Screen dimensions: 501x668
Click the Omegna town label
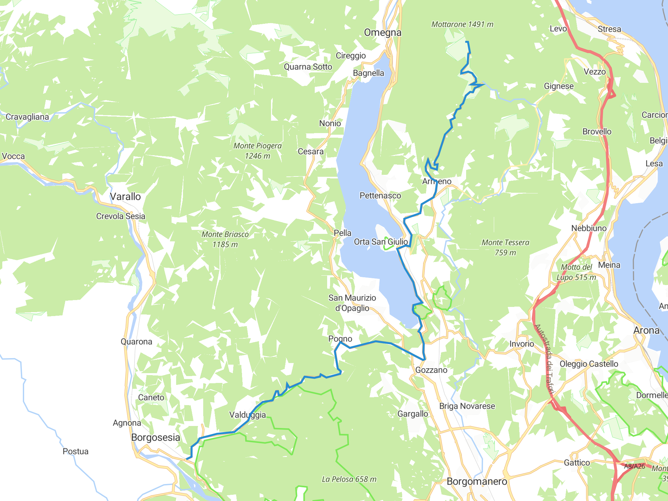pos(383,33)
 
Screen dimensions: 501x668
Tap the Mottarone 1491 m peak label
pos(462,24)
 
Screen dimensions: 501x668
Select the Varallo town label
pos(125,197)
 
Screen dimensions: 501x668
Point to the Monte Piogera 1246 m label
pos(257,151)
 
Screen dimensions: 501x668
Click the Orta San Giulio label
pos(381,242)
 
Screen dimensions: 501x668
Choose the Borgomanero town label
pos(477,481)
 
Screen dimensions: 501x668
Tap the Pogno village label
pos(340,339)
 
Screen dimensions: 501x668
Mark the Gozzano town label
pos(431,370)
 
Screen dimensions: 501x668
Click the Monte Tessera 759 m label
pos(505,247)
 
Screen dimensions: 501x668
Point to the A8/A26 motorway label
pos(634,466)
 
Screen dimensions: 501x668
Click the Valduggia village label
pos(248,415)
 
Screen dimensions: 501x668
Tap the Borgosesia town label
pos(156,437)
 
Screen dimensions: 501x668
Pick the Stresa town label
pos(609,29)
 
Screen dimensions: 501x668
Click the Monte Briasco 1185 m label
pos(225,239)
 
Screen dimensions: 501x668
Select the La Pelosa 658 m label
pos(349,479)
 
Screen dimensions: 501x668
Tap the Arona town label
pos(646,330)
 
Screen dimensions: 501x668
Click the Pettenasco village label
pos(380,196)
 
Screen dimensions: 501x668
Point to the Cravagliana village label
pos(27,117)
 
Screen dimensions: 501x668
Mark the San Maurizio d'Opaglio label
pos(352,303)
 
